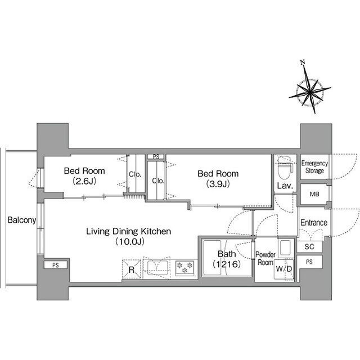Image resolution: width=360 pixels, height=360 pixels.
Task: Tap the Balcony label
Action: pyautogui.click(x=22, y=220)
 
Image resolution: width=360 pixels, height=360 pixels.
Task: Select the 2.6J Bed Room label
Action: pyautogui.click(x=84, y=175)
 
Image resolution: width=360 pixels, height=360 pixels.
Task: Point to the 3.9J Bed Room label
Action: pyautogui.click(x=218, y=178)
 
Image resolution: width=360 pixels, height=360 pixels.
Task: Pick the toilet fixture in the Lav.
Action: pyautogui.click(x=285, y=168)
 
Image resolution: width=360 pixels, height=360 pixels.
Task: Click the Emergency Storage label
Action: pyautogui.click(x=314, y=167)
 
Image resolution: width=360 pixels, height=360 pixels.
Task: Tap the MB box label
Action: pyautogui.click(x=314, y=194)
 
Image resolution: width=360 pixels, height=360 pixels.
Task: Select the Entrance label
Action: pyautogui.click(x=314, y=223)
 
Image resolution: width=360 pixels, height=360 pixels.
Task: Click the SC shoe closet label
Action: pyautogui.click(x=309, y=246)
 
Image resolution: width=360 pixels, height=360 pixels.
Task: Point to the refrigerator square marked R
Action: pyautogui.click(x=131, y=269)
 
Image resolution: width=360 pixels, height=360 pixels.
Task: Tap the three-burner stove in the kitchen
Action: pyautogui.click(x=185, y=268)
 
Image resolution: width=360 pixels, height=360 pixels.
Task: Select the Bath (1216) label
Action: pyautogui.click(x=227, y=259)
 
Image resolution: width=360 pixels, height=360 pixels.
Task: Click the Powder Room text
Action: pyautogui.click(x=265, y=258)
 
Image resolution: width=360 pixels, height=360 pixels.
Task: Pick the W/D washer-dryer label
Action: pyautogui.click(x=283, y=269)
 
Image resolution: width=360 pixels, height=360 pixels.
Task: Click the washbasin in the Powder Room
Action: pyautogui.click(x=285, y=247)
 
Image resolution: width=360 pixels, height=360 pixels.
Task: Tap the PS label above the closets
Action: pyautogui.click(x=156, y=157)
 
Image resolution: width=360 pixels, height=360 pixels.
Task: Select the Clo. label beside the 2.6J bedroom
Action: pyautogui.click(x=135, y=174)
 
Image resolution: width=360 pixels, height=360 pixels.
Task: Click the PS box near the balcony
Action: pyautogui.click(x=56, y=265)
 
